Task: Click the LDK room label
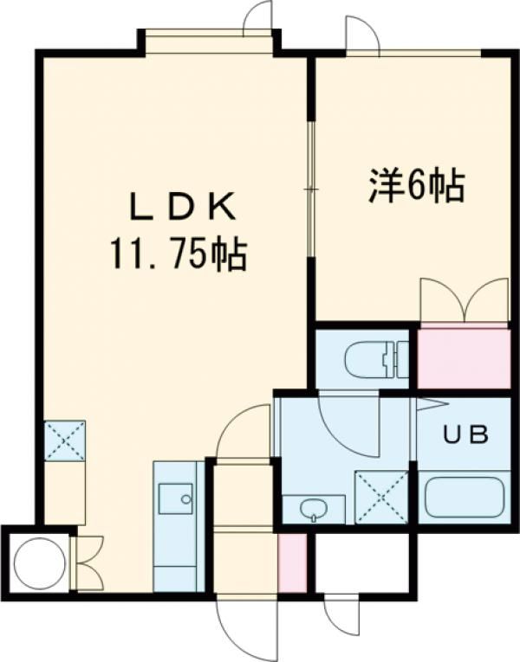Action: [x=183, y=207]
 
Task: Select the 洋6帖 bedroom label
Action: [x=417, y=186]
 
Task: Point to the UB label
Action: [x=465, y=434]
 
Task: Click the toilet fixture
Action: [x=376, y=359]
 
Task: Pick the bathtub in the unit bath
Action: [x=465, y=498]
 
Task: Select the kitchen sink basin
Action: [x=175, y=498]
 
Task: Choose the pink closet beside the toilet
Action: [x=464, y=358]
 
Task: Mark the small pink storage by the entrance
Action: [x=292, y=562]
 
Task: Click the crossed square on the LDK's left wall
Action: [x=65, y=440]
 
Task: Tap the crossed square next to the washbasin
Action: [x=381, y=497]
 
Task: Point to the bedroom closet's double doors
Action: [x=465, y=300]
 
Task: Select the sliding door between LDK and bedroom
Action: [x=311, y=190]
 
